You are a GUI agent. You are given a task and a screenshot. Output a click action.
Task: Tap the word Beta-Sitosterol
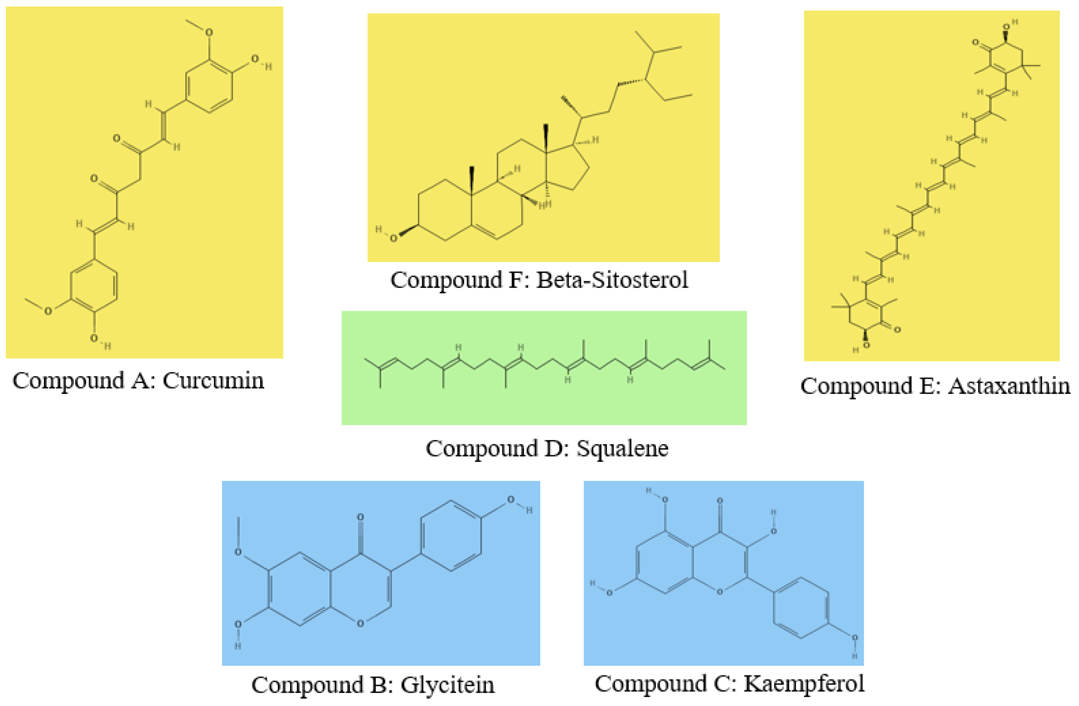point(612,280)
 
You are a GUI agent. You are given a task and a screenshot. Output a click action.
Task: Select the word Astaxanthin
point(1009,386)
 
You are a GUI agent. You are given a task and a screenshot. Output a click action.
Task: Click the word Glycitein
point(447,685)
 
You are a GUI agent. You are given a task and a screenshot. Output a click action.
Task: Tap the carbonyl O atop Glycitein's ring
point(360,517)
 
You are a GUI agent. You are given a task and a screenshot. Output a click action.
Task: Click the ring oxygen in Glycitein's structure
point(360,624)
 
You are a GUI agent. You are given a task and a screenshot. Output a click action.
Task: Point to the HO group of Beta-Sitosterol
point(392,238)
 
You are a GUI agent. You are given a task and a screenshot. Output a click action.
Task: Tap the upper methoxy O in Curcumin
point(209,33)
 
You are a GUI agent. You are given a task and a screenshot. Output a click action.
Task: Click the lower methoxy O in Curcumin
point(48,311)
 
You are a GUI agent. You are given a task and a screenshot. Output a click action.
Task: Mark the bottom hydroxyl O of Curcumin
point(94,338)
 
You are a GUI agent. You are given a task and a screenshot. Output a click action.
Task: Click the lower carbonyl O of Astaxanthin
point(897,330)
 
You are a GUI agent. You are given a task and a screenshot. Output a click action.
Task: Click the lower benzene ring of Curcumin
point(94,286)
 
